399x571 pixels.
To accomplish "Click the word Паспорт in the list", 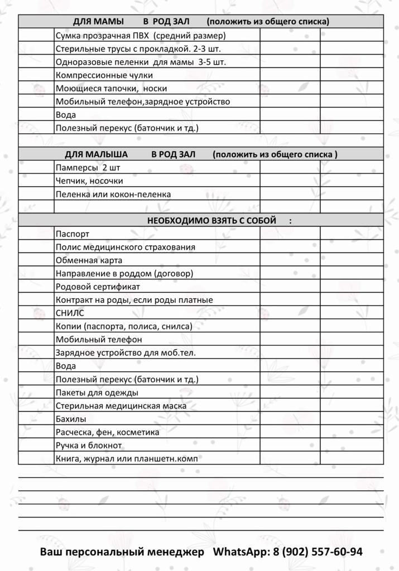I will [x=73, y=234].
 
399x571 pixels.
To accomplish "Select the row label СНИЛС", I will [x=70, y=313].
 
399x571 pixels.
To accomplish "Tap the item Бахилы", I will [x=71, y=419].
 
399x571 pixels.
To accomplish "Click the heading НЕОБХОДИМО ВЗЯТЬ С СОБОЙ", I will [x=211, y=220].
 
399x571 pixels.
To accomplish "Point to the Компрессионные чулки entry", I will [x=104, y=75].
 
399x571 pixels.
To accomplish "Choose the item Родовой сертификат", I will [x=98, y=287].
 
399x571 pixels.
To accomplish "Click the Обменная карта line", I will [x=89, y=260].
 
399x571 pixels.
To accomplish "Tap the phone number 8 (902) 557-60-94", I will [x=318, y=552].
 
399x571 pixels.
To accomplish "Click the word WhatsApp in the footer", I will [x=241, y=552].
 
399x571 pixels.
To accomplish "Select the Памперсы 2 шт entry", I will [x=88, y=167].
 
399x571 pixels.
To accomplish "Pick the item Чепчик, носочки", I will [x=89, y=181].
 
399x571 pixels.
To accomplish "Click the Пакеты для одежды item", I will [x=89, y=393].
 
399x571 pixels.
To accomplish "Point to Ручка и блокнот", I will [x=89, y=446].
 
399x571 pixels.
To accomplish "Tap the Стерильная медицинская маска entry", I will [x=121, y=406].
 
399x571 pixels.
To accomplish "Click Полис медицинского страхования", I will [x=126, y=247].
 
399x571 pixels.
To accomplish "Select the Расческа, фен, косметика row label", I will [x=107, y=432].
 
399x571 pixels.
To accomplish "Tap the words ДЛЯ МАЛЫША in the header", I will [x=96, y=154].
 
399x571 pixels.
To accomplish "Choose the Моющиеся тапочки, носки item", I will [x=111, y=88].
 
